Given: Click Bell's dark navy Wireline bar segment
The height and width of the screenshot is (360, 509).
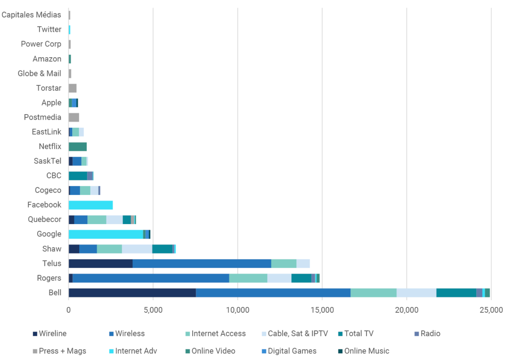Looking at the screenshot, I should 132,292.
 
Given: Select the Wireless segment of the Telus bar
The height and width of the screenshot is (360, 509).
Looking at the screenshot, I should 201,263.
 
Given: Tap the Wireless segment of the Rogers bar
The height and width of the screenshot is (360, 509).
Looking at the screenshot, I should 151,278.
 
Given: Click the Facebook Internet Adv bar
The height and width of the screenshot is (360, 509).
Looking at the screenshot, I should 90,205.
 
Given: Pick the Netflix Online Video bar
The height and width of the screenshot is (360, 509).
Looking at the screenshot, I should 78,146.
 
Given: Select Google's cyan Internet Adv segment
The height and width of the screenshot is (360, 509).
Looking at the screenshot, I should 106,234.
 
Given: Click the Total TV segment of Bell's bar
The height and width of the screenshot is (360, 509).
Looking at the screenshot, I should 456,292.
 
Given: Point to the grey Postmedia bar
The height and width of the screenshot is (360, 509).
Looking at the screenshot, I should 74,117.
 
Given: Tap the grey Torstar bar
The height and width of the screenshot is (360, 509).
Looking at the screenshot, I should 73,88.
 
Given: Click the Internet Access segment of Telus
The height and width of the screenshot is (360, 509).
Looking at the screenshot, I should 283,263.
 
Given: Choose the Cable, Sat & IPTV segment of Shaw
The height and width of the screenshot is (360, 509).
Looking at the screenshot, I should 137,249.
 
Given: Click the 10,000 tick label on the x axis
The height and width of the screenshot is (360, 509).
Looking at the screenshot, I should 238,310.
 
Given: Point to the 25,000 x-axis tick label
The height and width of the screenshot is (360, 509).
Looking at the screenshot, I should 491,310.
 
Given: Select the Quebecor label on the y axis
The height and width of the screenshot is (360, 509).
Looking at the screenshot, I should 45,219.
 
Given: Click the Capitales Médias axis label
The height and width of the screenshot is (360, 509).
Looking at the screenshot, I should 31,15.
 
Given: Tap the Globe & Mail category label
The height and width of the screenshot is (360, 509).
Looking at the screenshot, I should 39,73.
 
